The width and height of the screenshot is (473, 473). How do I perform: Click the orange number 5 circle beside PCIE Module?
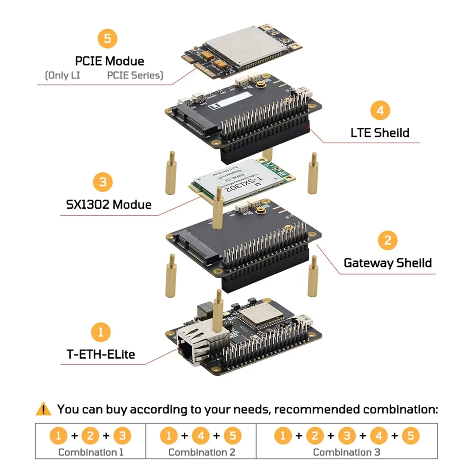pyautogui.click(x=107, y=39)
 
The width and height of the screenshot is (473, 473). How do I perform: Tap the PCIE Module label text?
pyautogui.click(x=110, y=61)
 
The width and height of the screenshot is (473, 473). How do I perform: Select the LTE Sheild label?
pyautogui.click(x=380, y=133)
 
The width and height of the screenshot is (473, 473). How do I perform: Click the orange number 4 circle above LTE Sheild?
pyautogui.click(x=380, y=110)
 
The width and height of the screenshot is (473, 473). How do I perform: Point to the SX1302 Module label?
pyautogui.click(x=109, y=205)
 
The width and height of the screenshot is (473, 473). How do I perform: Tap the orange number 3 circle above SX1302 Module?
pyautogui.click(x=102, y=182)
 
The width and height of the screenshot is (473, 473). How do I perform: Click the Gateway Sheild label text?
pyautogui.click(x=387, y=263)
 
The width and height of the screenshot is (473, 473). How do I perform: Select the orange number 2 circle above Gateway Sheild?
pyautogui.click(x=387, y=240)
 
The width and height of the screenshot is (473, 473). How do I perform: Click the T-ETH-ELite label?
pyautogui.click(x=101, y=354)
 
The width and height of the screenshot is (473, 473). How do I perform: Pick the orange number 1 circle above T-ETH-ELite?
pyautogui.click(x=101, y=332)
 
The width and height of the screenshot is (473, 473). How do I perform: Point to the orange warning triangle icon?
pyautogui.click(x=43, y=410)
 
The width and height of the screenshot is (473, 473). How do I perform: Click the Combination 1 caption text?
pyautogui.click(x=91, y=452)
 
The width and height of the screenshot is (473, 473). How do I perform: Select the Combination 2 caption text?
pyautogui.click(x=201, y=452)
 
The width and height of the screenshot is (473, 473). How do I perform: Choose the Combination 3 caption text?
pyautogui.click(x=346, y=452)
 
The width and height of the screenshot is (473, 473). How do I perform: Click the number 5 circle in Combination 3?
pyautogui.click(x=411, y=436)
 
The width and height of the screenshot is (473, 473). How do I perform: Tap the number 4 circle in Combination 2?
pyautogui.click(x=201, y=436)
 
